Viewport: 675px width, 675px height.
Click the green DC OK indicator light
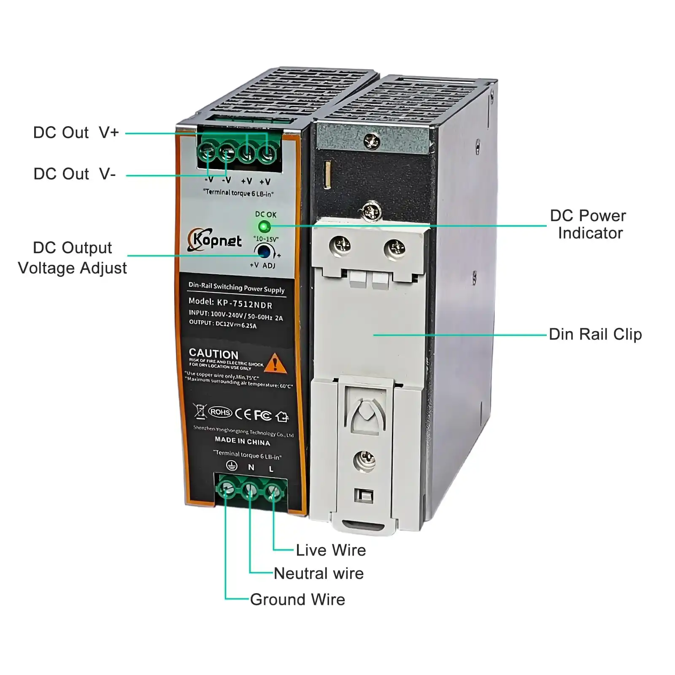(264, 227)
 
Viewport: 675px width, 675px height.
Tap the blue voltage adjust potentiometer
(265, 251)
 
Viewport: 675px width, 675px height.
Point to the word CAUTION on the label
(213, 354)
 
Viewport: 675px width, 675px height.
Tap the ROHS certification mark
(220, 412)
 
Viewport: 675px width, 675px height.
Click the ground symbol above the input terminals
(231, 465)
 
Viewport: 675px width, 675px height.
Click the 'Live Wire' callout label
(331, 550)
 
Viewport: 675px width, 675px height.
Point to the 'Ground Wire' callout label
(297, 599)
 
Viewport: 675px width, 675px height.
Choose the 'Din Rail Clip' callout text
(595, 334)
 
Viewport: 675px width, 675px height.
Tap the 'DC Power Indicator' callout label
(589, 224)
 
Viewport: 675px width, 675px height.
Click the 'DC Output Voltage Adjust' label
(73, 258)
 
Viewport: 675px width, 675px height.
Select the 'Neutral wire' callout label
(319, 573)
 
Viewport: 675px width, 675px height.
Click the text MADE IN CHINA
(242, 441)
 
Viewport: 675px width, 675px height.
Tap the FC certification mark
(262, 415)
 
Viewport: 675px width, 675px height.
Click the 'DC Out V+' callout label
(76, 132)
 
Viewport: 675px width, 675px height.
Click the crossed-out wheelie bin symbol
(200, 410)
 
